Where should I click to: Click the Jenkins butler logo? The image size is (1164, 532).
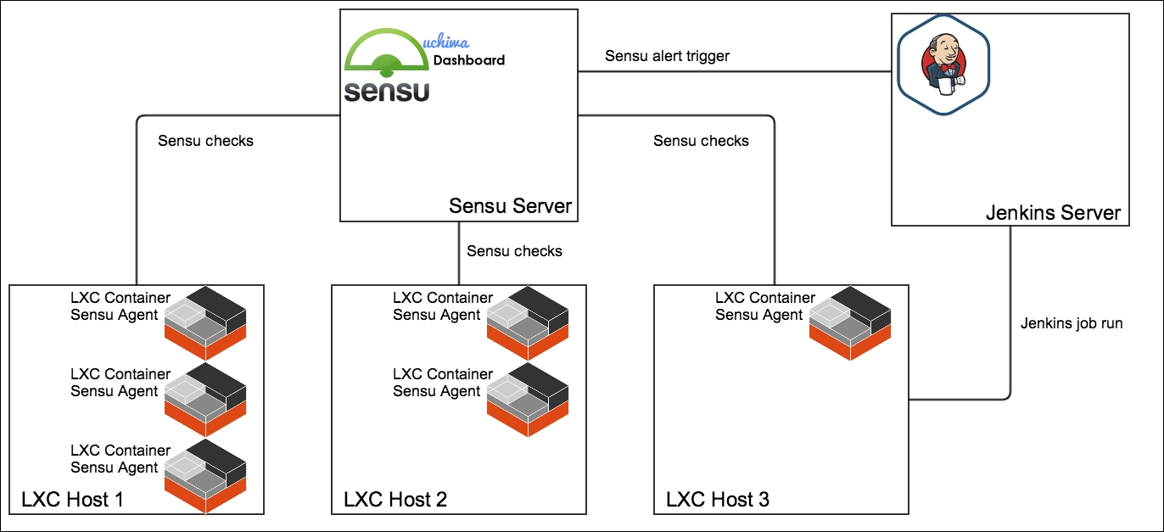[x=943, y=65]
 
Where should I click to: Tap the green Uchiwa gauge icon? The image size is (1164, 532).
[x=387, y=52]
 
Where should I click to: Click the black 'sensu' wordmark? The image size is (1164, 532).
[x=387, y=92]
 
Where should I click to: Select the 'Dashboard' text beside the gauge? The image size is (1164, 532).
[x=468, y=60]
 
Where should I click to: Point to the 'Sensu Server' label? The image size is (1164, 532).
[x=510, y=205]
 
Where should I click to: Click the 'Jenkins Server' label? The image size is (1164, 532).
[x=1054, y=212]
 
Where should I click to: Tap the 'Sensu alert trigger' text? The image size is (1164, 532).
[x=667, y=56]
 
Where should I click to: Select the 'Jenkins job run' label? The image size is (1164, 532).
[x=1072, y=323]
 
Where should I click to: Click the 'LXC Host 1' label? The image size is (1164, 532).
[x=72, y=499]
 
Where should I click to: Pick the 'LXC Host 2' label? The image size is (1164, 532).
[x=395, y=499]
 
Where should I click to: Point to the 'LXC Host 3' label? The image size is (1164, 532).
[x=718, y=499]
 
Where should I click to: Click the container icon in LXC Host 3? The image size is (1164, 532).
[x=850, y=322]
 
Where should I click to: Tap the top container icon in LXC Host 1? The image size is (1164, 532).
[x=205, y=322]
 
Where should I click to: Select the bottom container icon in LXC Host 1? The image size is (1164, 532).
[x=205, y=476]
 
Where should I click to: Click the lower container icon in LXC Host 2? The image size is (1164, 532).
[x=528, y=400]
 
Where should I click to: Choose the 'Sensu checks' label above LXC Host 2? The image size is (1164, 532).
[x=514, y=251]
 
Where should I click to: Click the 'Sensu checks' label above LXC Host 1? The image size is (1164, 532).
[x=206, y=141]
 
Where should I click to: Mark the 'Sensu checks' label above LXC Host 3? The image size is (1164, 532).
[x=701, y=141]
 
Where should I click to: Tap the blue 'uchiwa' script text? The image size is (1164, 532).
[x=446, y=41]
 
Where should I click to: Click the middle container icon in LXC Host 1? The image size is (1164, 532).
[x=205, y=400]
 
